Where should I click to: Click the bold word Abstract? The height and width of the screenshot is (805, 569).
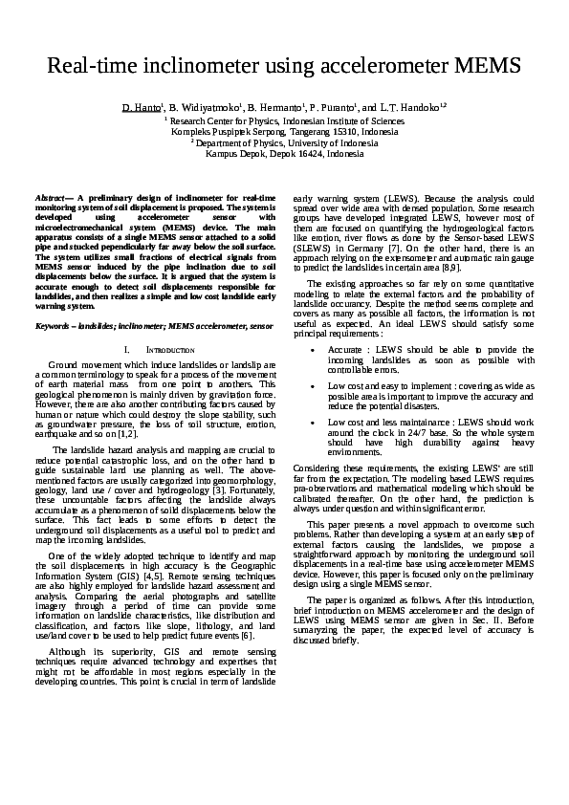(62, 195)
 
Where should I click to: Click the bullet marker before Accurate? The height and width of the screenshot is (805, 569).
(316, 350)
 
